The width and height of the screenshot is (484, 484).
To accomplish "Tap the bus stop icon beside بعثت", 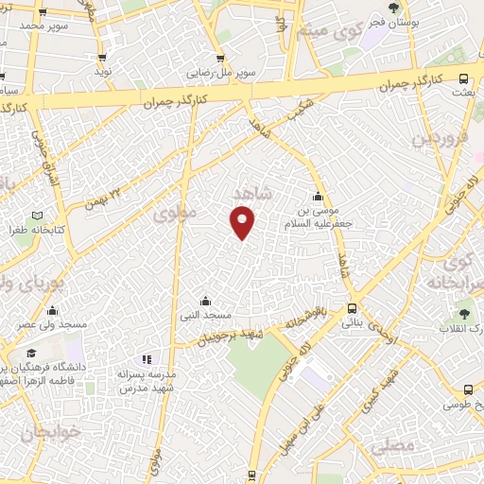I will click(x=462, y=79).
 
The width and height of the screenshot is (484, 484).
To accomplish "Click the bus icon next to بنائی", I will click(x=352, y=308).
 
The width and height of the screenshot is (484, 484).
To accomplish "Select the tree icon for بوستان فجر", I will click(x=394, y=9).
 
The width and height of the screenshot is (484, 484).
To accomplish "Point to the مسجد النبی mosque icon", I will click(x=205, y=301).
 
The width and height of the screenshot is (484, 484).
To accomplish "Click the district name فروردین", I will click(x=438, y=138).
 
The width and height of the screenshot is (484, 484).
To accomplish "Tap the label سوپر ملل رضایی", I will click(x=209, y=72).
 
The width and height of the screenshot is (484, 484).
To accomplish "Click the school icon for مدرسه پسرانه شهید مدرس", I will click(x=146, y=359).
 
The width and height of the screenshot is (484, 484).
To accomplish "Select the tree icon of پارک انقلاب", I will click(x=463, y=313).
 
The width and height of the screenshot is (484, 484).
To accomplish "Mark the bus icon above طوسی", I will click(x=468, y=389).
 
